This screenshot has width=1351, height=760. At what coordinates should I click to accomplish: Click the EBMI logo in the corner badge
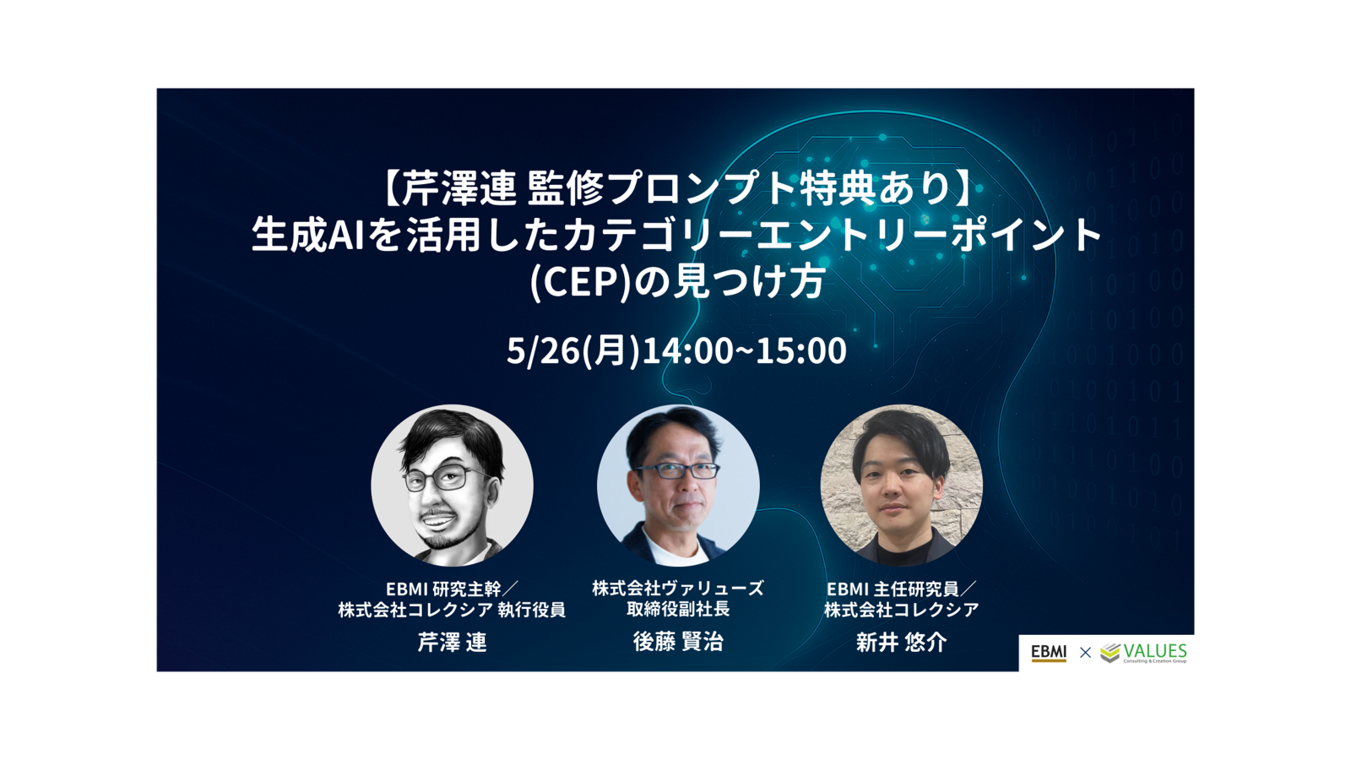[1048, 653]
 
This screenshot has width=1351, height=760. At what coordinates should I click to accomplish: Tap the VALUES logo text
[1155, 651]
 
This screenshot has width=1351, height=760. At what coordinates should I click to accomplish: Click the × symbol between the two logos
[1085, 652]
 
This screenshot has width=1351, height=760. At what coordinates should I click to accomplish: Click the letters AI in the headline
[346, 236]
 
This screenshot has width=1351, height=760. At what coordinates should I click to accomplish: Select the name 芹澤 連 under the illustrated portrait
[452, 642]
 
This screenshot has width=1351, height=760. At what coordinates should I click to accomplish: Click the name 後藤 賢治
[678, 642]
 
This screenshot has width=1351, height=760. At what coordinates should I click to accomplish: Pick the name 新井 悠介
[901, 642]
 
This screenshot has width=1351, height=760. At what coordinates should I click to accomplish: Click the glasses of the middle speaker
[676, 471]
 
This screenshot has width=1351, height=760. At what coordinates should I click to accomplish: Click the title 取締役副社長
[678, 609]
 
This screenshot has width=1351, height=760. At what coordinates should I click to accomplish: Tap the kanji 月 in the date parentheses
[609, 351]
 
